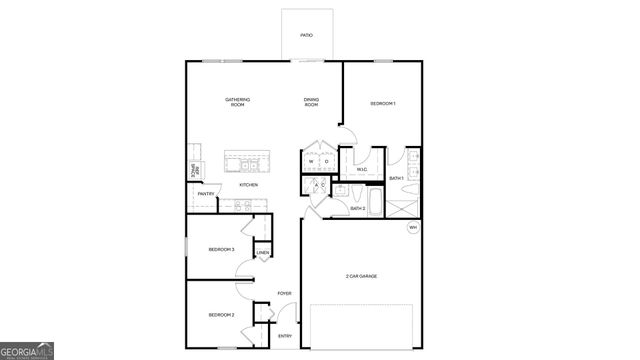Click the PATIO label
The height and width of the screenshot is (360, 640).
click(x=307, y=36)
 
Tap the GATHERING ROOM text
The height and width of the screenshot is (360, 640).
click(x=237, y=101)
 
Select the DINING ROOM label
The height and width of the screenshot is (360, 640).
click(x=312, y=101)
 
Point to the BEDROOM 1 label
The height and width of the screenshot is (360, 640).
click(x=382, y=104)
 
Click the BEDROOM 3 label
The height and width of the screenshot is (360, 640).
click(x=221, y=249)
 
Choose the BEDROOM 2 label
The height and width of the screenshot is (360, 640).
click(x=221, y=315)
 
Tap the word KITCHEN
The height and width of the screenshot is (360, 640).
click(x=249, y=185)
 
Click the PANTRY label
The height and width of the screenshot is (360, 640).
click(x=205, y=194)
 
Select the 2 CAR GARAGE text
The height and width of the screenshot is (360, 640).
click(x=361, y=276)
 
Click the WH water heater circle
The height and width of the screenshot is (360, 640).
click(x=412, y=228)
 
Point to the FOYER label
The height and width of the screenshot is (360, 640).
click(x=284, y=293)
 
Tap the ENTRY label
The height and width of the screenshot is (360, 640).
click(x=285, y=336)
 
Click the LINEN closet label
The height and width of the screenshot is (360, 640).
click(x=263, y=253)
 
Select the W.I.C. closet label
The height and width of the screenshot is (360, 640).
click(x=363, y=169)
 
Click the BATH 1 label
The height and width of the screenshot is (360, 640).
click(x=396, y=178)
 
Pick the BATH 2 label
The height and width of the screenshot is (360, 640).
click(x=356, y=208)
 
